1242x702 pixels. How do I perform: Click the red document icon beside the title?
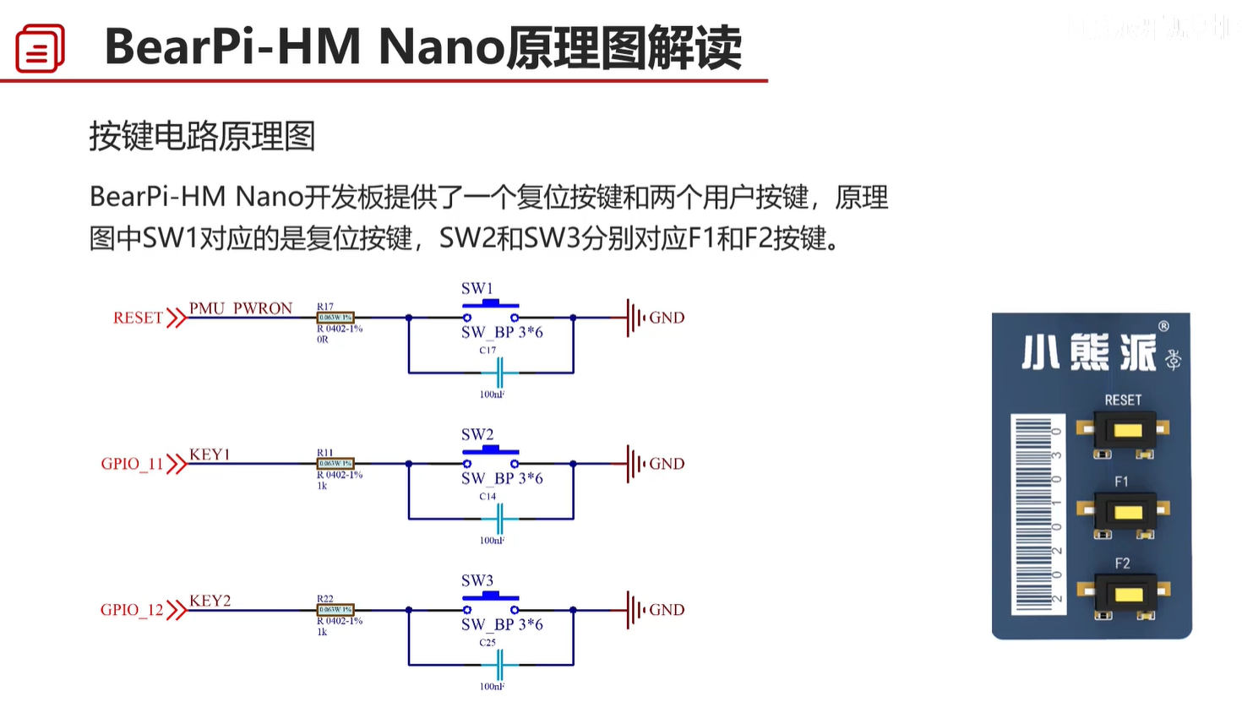coord(40,48)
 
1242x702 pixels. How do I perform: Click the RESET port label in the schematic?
coord(138,318)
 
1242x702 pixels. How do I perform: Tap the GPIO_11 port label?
coord(132,464)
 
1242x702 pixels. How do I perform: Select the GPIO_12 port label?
coord(132,610)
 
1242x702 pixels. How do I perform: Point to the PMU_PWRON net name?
coord(241,308)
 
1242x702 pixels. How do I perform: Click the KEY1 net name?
coord(210,454)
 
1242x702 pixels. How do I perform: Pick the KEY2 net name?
coord(210,601)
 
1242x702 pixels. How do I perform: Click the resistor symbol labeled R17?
coord(335,318)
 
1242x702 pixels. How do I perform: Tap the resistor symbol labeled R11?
coord(335,464)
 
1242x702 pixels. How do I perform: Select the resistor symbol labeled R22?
coord(335,610)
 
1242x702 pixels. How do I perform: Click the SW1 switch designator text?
coord(477,289)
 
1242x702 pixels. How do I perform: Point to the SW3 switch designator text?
coord(477,581)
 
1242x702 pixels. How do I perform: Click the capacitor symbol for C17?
coord(499,373)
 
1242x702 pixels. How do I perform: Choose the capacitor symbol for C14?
coord(499,519)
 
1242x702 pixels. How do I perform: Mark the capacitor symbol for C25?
coord(499,665)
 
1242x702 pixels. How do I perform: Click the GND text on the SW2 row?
coord(667,464)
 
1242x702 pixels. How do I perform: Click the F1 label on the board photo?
coord(1121,482)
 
